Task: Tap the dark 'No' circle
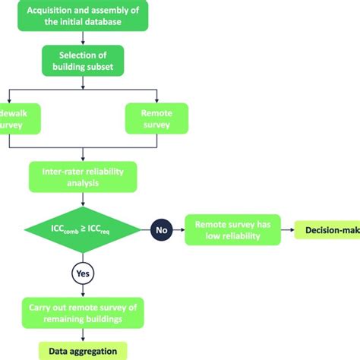click(x=162, y=228)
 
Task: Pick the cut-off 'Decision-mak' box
click(x=327, y=229)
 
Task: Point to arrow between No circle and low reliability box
click(x=179, y=228)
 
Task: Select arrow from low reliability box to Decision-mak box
click(x=287, y=229)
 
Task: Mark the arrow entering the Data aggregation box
click(x=80, y=336)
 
